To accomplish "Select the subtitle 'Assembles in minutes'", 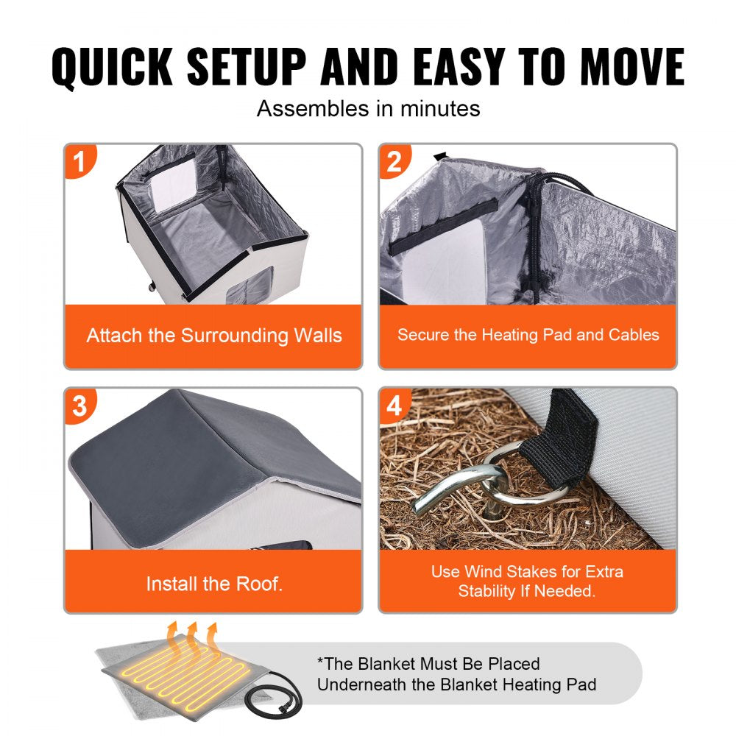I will tap(368, 109).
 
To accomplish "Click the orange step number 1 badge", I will tap(81, 160).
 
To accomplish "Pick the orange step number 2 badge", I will tap(395, 160).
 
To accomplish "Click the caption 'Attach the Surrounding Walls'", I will tap(213, 336).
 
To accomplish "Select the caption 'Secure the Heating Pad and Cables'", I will tap(528, 335).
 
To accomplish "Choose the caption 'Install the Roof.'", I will tap(213, 584).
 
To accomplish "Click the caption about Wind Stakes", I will tap(528, 581).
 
